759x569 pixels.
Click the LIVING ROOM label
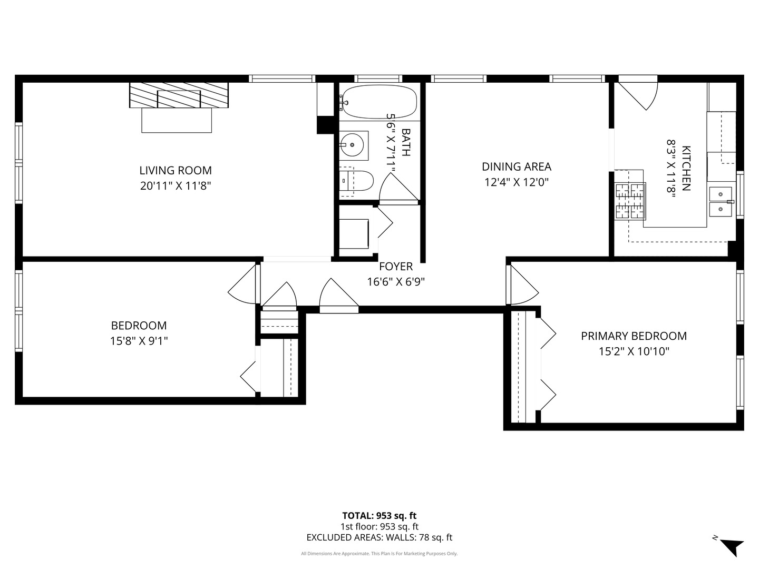176,170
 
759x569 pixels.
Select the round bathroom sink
352,145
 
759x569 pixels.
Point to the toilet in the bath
356,180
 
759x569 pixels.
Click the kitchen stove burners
630,201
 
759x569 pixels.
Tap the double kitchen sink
721,202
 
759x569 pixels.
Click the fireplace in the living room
179,95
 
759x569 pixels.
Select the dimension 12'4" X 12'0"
516,182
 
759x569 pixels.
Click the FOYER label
396,267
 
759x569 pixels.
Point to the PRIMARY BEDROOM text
634,336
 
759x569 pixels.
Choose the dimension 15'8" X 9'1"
139,341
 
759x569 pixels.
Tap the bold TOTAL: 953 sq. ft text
379,516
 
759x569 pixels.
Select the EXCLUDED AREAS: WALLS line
379,537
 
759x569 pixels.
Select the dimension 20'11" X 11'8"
176,186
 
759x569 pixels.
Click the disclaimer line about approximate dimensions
379,553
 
